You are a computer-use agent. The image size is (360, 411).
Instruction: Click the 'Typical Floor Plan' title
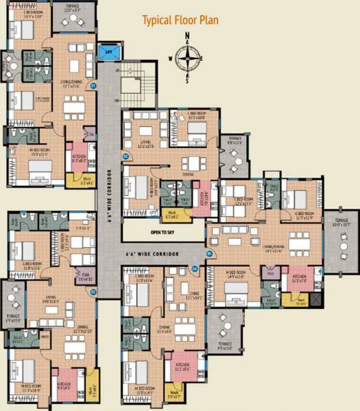click(180, 20)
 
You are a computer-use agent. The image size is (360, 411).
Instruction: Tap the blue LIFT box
click(107, 51)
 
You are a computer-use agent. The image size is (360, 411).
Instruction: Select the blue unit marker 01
click(94, 85)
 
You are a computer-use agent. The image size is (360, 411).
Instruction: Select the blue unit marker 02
click(125, 157)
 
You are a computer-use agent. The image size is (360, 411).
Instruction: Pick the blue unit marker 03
click(93, 292)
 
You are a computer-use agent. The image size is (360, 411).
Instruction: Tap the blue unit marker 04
click(195, 269)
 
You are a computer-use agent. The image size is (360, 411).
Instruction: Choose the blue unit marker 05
click(209, 253)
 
